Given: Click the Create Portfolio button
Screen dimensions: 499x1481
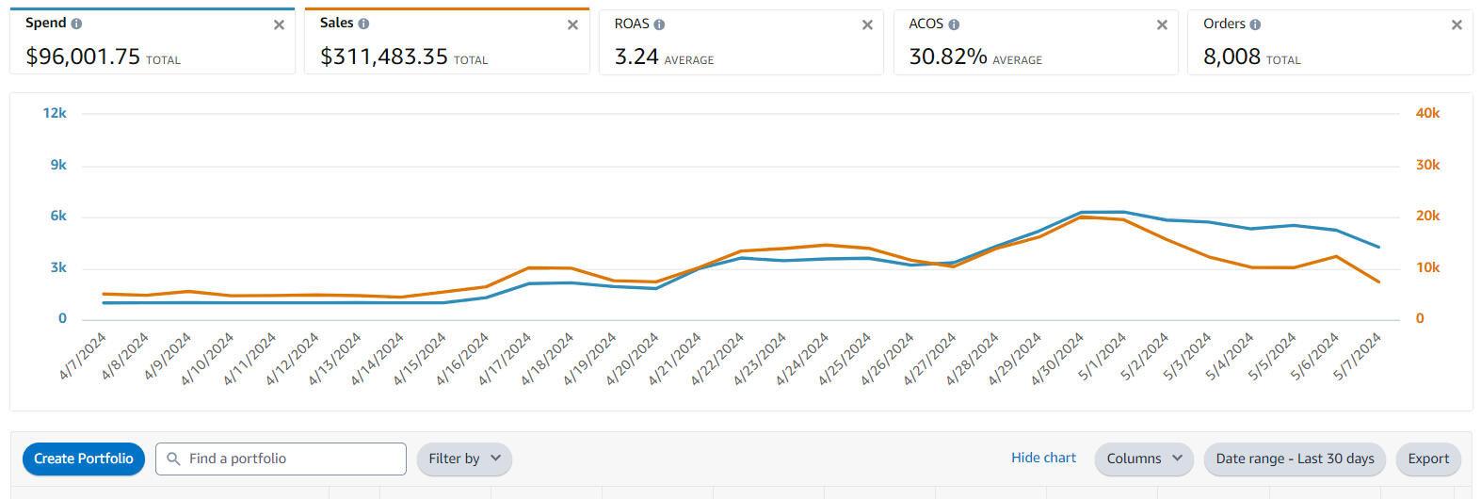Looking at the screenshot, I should (x=84, y=459).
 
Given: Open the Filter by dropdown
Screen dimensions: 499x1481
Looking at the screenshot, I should (x=464, y=459).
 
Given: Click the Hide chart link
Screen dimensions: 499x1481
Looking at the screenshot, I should (x=1043, y=458).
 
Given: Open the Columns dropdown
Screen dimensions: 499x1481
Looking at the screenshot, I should (x=1144, y=459).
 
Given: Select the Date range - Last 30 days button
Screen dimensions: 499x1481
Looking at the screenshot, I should (x=1295, y=459).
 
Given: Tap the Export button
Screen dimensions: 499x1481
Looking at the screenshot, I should (x=1428, y=459).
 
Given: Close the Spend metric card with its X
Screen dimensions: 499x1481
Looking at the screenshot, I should (x=279, y=25).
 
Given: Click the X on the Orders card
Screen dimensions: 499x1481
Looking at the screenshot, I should (x=1457, y=25).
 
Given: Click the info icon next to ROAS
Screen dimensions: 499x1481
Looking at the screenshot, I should (x=659, y=24).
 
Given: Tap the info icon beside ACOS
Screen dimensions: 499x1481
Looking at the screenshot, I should (x=954, y=24).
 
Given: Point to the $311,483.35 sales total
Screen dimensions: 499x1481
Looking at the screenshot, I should (x=384, y=56).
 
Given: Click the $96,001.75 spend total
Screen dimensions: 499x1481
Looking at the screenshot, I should (x=83, y=56).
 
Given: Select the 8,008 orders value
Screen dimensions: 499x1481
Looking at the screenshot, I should (x=1231, y=56).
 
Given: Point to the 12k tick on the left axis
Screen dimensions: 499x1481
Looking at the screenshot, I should (x=55, y=113).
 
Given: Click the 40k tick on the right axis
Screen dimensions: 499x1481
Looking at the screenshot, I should (x=1427, y=113).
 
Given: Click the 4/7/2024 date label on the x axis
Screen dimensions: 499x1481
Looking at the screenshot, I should (x=83, y=356).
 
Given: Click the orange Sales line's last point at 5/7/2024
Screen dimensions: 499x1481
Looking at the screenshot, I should (x=1379, y=282).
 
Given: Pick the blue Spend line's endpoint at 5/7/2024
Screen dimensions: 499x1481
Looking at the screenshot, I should (x=1379, y=248).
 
